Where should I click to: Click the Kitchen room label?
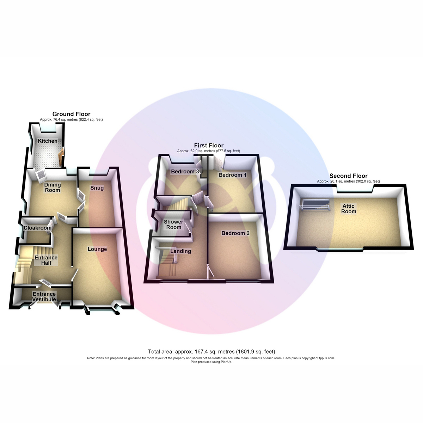48,141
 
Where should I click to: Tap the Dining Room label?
53,188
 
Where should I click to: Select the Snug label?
97,188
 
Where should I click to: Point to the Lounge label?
97,249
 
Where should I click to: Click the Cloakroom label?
37,228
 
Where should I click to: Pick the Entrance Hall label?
46,260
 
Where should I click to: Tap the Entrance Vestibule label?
44,297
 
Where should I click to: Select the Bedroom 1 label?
232,175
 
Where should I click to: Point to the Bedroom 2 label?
235,233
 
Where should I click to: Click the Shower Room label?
174,224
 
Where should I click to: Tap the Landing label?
181,251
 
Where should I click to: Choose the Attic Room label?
349,209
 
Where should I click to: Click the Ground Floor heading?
71,114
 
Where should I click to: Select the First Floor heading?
209,146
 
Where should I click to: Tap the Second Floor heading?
348,176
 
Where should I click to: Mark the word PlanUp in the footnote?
226,362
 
